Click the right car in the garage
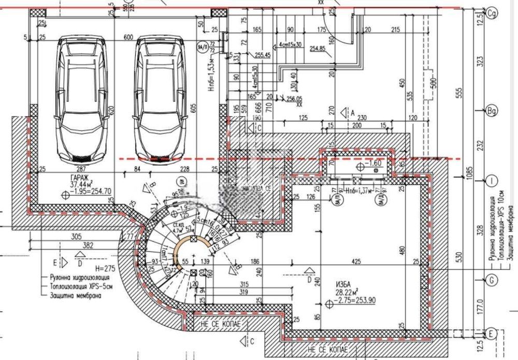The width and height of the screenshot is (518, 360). coord(161,98)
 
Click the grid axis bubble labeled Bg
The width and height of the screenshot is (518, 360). coord(492,110)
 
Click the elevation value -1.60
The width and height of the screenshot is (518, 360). coord(375,164)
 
